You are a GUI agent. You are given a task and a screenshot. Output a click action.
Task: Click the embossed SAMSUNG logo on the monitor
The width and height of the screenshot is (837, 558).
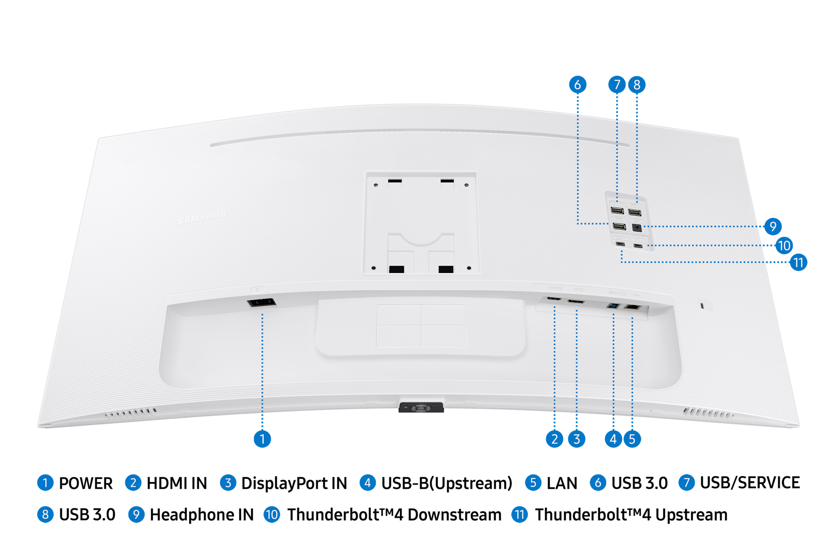(203, 217)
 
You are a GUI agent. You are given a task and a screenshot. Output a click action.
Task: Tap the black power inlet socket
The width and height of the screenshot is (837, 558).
(261, 303)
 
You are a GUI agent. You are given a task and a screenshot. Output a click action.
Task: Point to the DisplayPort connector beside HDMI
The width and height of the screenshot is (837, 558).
(576, 301)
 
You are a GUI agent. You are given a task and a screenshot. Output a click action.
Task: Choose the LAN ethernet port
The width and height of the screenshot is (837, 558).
(632, 307)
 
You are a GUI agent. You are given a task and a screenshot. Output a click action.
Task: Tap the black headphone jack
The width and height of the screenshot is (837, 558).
(637, 227)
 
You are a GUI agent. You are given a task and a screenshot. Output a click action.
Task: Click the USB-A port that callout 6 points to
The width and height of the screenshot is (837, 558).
(619, 226)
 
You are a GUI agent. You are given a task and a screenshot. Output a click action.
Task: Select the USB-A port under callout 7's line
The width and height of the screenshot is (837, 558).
(617, 211)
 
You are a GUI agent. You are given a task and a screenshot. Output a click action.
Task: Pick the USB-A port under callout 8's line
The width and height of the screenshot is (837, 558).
(635, 213)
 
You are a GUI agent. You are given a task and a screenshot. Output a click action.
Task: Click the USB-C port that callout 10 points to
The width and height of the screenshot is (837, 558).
(638, 246)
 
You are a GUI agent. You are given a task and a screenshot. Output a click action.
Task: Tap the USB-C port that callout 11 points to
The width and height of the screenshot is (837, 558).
(620, 244)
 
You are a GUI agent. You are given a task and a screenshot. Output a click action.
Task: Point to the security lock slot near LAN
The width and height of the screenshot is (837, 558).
(702, 306)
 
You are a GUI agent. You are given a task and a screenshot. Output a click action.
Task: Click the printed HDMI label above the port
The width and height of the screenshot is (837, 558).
(555, 288)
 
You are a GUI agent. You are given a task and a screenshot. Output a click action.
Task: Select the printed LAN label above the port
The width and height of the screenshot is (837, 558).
(636, 295)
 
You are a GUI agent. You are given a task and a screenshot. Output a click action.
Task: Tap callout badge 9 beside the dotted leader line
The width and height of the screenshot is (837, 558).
(773, 226)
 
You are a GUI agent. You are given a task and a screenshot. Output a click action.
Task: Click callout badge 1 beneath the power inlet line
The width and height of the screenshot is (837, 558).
(262, 439)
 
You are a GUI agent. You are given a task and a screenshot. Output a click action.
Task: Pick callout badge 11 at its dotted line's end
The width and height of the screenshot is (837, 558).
(798, 262)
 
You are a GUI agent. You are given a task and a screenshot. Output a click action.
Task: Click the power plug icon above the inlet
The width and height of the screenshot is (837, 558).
(258, 289)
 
